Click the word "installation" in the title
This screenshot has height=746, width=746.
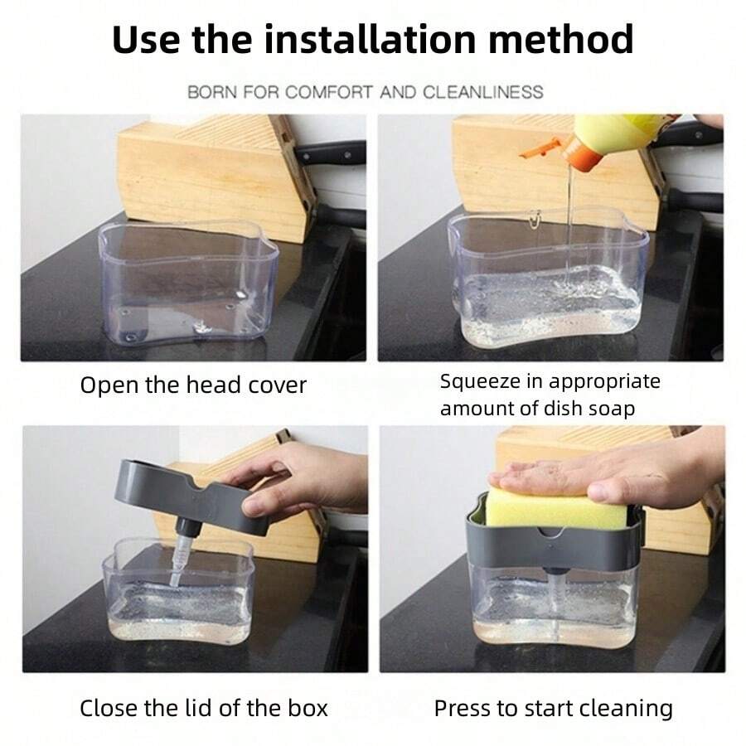pos(370,39)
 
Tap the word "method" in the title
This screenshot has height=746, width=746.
pos(561,39)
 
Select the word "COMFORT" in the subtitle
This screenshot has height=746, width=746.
pos(329,92)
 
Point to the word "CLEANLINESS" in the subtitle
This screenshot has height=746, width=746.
pos(482,92)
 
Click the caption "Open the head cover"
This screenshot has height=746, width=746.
pos(193,385)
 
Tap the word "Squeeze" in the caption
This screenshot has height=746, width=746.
pos(480,382)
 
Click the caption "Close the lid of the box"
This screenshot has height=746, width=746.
pos(204,708)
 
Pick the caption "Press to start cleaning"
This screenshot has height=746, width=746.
pos(554,709)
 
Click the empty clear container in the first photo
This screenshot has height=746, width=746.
pos(188,283)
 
